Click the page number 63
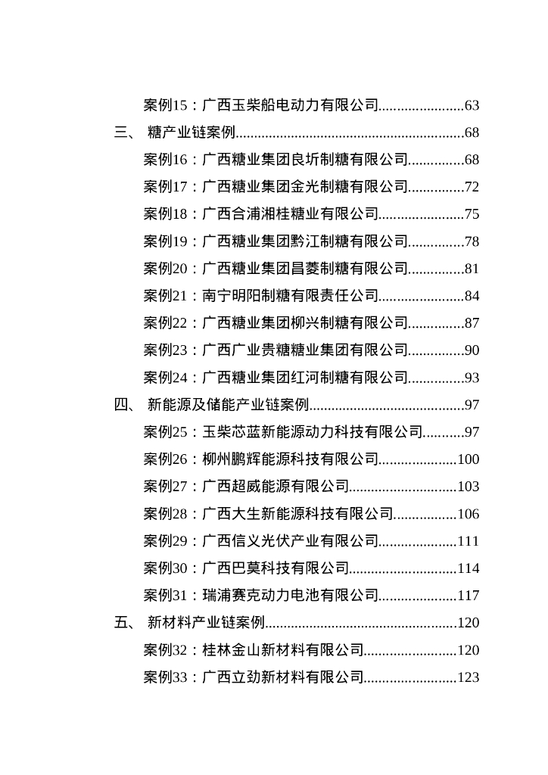click(472, 106)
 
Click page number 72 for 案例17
click(472, 188)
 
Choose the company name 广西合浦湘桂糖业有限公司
click(290, 215)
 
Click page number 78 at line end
click(472, 242)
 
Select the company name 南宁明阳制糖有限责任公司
click(290, 297)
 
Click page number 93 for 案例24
click(472, 378)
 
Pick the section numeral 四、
click(125, 406)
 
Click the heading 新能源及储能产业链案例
click(229, 406)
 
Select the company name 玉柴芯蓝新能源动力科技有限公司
click(312, 433)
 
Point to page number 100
click(469, 460)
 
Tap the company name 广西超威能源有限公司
click(276, 487)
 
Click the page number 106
click(469, 515)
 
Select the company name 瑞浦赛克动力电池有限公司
click(290, 596)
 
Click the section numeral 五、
click(125, 624)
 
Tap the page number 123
click(469, 678)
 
